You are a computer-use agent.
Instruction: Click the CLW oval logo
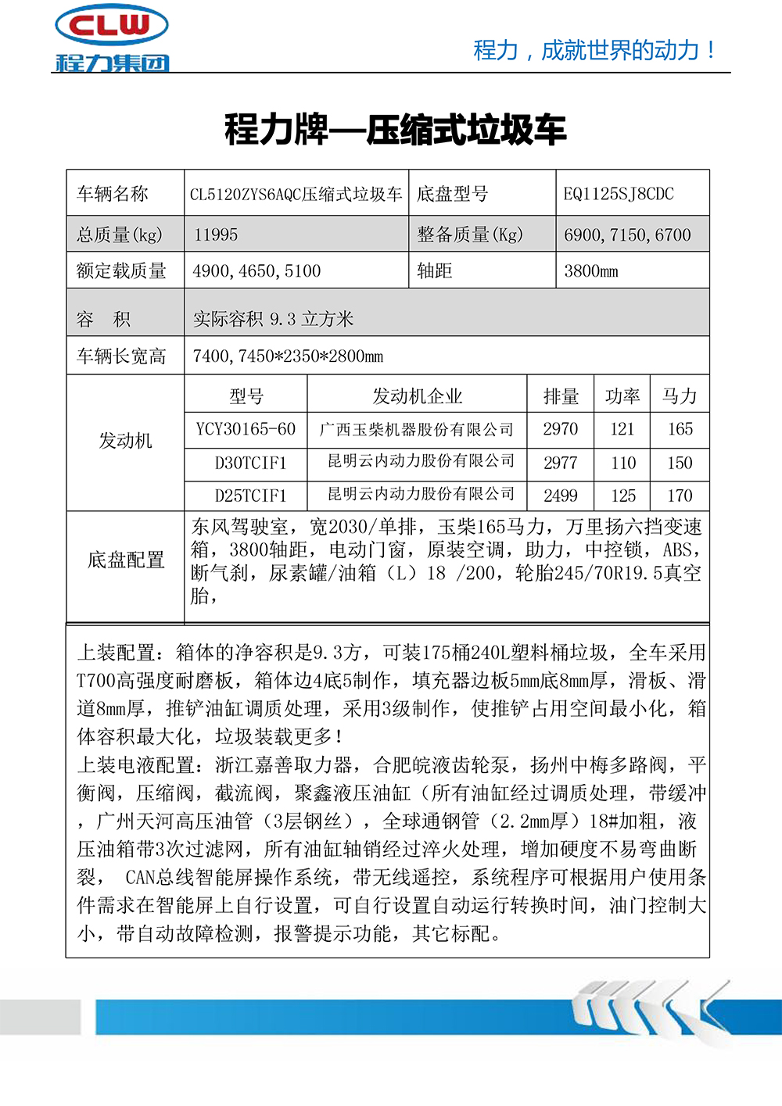pos(111,25)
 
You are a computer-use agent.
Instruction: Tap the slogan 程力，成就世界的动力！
pos(594,50)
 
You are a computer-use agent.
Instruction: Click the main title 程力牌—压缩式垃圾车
pos(395,130)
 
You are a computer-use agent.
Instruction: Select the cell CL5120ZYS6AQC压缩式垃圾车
pos(296,194)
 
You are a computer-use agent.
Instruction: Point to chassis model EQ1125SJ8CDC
pos(618,194)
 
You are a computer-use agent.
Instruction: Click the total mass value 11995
pos(216,234)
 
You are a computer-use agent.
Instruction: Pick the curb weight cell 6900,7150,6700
pos(627,234)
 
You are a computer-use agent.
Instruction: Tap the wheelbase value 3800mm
pos(591,271)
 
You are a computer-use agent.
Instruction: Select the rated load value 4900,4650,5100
pos(256,271)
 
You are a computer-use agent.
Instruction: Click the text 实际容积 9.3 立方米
pos(273,319)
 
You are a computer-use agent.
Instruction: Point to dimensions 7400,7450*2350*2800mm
pos(288,356)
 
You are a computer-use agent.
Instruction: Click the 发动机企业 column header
pos(417,396)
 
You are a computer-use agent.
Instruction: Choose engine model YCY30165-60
pos(246,429)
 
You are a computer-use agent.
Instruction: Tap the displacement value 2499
pos(560,496)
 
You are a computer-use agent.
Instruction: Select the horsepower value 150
pos(680,463)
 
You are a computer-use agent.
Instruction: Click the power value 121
pos(622,429)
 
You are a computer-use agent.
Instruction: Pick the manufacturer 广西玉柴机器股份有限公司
pos(417,429)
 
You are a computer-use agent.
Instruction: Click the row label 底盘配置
pos(126,560)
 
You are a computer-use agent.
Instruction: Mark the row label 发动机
pos(125,441)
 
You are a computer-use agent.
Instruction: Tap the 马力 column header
pos(680,396)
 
